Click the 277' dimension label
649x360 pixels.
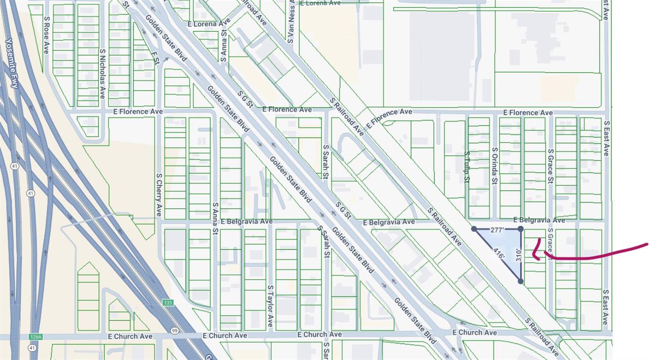coord(497,230)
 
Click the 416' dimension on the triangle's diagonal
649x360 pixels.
coord(498,253)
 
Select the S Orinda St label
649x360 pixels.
coord(494,165)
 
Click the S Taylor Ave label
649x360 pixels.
coord(270,306)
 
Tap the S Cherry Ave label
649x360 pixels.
coord(158,195)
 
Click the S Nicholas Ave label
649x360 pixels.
coord(102,73)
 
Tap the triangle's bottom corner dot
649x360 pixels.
coord(520,281)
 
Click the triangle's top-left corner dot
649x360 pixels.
coord(474,229)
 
